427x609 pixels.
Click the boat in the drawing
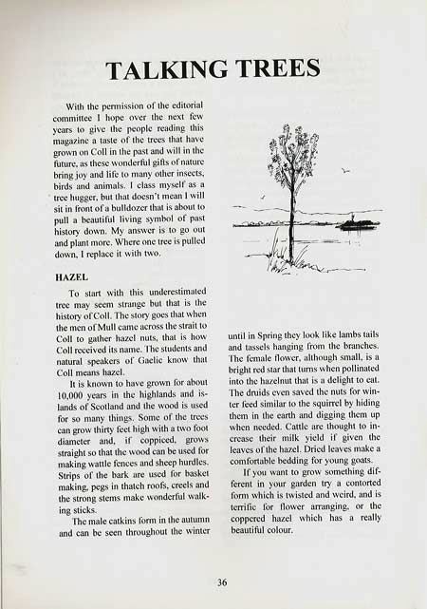(x=359, y=224)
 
